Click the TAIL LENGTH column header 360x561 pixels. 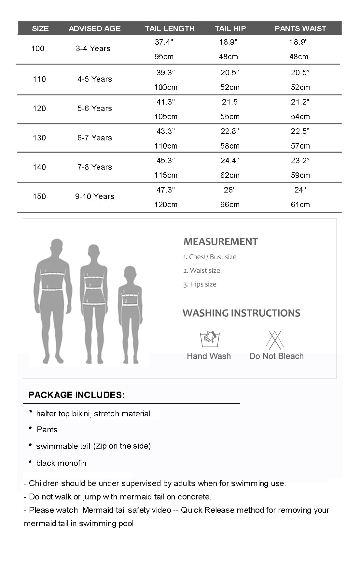click(x=170, y=29)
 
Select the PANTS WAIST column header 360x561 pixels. click(x=300, y=29)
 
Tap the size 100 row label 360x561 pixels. click(x=38, y=49)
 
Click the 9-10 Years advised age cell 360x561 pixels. click(x=95, y=196)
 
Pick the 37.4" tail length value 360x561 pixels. click(x=164, y=42)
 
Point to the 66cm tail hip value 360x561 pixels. click(x=230, y=205)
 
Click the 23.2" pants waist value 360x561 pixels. click(x=300, y=161)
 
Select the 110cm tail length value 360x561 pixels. click(x=166, y=146)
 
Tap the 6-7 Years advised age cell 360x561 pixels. click(x=95, y=138)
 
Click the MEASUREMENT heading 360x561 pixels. click(x=221, y=242)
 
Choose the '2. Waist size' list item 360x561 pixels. click(x=201, y=270)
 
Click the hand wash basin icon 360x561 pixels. click(x=208, y=339)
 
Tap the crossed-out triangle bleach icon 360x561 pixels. click(x=275, y=340)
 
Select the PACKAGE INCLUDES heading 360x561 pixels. click(x=77, y=395)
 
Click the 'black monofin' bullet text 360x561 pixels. click(x=61, y=463)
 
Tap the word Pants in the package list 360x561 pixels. click(x=47, y=430)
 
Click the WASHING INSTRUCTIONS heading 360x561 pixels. click(x=241, y=313)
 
